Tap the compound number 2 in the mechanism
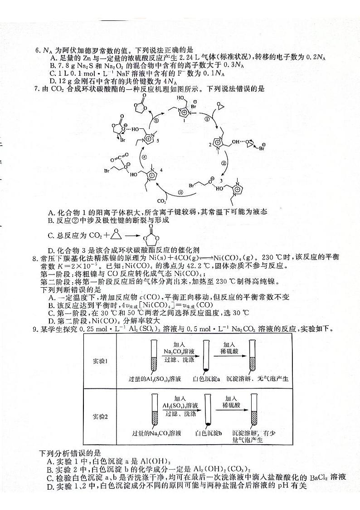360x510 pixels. [210, 144]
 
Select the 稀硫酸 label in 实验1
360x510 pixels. [229, 351]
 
